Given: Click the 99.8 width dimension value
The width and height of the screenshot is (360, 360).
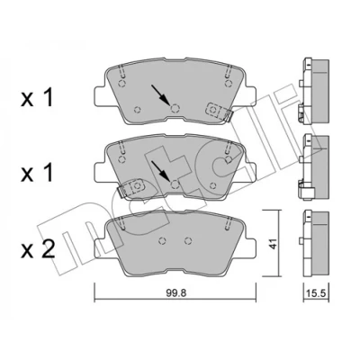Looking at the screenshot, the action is pos(176,293).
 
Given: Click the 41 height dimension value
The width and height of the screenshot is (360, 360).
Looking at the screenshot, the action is pos(273,244).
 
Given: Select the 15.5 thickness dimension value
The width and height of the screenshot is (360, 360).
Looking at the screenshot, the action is pos(317,293).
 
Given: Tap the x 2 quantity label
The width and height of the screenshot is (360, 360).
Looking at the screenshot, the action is pos(38,250).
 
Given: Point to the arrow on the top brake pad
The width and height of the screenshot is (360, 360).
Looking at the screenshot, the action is pos(159,94).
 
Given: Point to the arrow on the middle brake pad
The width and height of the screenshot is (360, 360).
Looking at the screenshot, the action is pos(159,170).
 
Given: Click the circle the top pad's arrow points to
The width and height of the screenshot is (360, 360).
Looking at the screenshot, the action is pos(175,108).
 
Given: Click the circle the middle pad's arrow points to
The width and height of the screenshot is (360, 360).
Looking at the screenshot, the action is pos(175,184).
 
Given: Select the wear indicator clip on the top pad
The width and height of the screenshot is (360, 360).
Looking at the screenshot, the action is pos(219,112).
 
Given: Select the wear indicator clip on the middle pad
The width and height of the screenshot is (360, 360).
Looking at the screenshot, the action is pos(130,188).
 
